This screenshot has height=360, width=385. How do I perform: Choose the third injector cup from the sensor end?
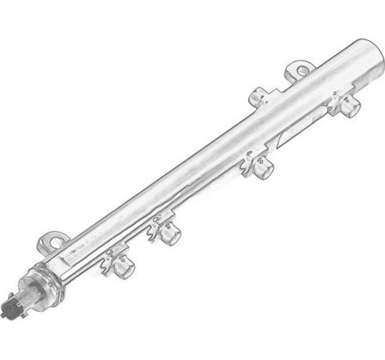pos(264,169)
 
